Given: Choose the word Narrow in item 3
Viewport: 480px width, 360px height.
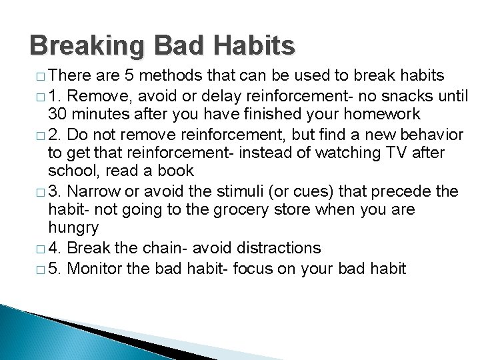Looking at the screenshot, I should (101, 192).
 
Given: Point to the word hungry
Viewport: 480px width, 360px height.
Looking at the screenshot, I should (73, 229).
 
